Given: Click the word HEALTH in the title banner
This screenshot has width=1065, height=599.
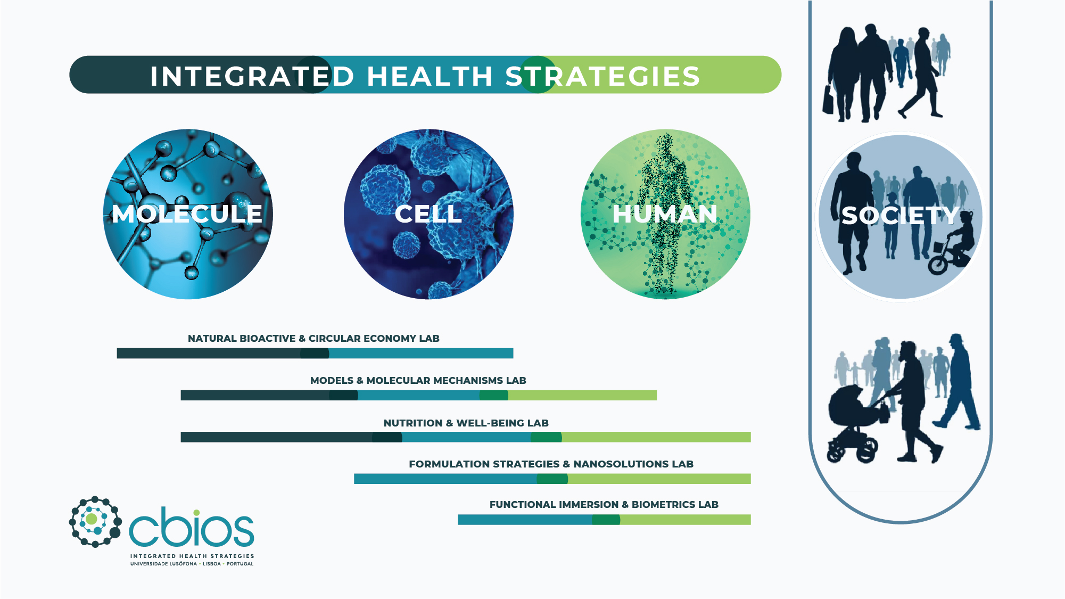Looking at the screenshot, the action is [430, 76].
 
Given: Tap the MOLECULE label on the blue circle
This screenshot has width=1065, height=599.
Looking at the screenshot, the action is [187, 214].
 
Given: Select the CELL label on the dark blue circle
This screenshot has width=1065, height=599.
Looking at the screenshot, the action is [428, 214].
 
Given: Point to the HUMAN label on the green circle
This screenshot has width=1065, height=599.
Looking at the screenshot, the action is [665, 214].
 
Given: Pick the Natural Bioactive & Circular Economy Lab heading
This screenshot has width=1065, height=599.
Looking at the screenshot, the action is [313, 339].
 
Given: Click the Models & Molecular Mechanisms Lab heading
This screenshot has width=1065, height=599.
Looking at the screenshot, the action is [418, 381].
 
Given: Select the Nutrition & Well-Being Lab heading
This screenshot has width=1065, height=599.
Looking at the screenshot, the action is [466, 423].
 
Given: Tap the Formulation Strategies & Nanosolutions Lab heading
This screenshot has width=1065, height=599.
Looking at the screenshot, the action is [551, 464].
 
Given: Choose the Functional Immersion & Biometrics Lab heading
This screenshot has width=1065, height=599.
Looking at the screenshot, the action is [604, 505].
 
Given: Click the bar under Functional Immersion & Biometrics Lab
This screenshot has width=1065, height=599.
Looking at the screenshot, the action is [604, 520].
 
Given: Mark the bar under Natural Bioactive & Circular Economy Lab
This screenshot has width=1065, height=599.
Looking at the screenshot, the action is [315, 354].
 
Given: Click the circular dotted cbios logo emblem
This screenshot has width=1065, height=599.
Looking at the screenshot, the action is [95, 522].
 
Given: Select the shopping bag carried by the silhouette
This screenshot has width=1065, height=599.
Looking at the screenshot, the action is [828, 100].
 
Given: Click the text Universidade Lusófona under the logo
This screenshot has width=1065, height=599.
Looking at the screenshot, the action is [163, 564].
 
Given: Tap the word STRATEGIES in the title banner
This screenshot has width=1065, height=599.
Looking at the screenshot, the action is [602, 76].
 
